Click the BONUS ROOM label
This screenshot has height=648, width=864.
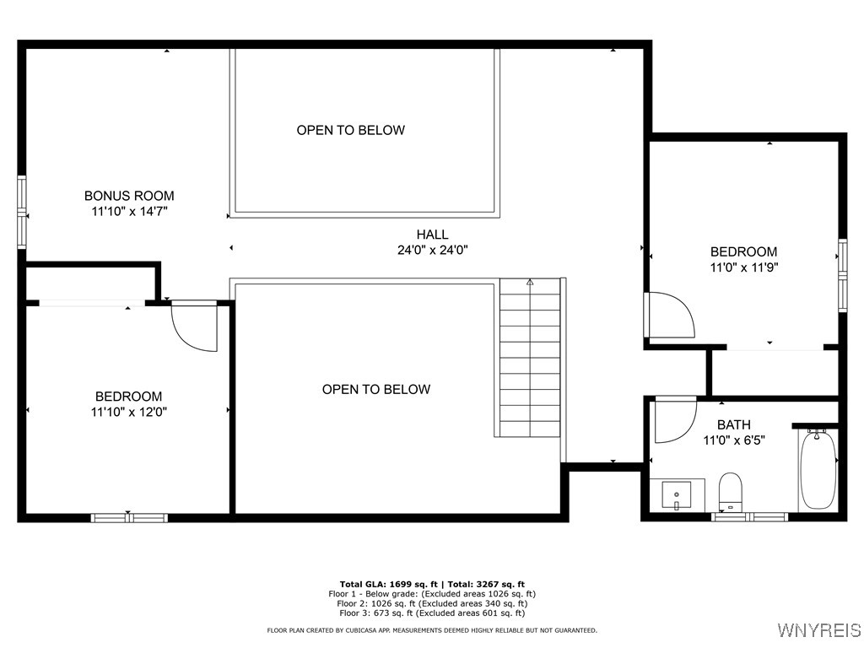(129, 196)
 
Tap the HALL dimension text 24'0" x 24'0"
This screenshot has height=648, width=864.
(432, 250)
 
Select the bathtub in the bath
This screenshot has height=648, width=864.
(818, 469)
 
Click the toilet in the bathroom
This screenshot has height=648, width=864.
(730, 490)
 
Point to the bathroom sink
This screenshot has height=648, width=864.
(677, 494)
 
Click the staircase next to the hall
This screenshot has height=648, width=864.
(529, 359)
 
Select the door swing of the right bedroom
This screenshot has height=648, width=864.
(667, 315)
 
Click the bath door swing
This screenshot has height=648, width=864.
(674, 418)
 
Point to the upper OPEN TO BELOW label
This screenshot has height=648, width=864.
(350, 130)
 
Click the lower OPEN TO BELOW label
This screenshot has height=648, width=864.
(375, 389)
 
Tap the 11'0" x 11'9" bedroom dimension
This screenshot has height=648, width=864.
(743, 267)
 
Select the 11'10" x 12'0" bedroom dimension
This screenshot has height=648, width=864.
(128, 413)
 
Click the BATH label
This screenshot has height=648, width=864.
(733, 424)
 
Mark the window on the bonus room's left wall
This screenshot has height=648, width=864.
(22, 212)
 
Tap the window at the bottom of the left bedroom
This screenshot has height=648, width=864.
(129, 517)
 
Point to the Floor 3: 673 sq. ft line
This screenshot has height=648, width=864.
(431, 613)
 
